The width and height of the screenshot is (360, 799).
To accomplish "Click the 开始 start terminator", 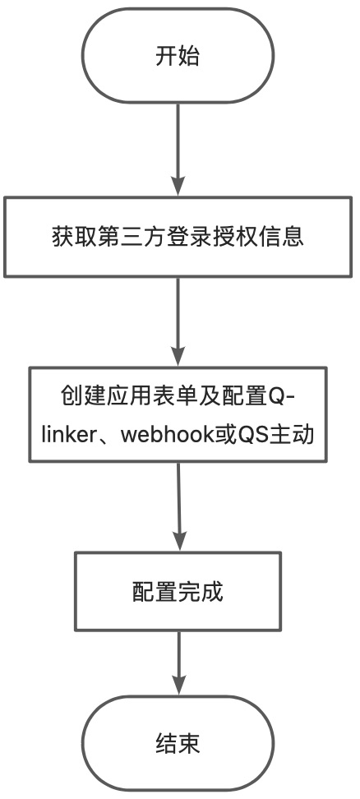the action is pos(178,56).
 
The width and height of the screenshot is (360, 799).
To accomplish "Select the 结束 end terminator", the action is pos(178,743).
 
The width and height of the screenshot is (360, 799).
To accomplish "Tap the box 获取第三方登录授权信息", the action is pos(178,237).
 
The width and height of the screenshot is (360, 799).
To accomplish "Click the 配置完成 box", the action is pos(178,591).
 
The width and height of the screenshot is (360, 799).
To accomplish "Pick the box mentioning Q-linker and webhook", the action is pos(178,414).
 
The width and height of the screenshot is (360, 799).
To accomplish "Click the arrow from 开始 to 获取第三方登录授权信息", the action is pos(178,150).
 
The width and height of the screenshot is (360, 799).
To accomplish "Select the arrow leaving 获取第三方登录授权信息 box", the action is pos(178,322).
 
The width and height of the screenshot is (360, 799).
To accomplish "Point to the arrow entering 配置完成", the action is pos(178,507).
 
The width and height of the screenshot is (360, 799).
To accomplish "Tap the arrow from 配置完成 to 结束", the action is pos(178,663).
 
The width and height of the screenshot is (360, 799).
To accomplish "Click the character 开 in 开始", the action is pos(166,56).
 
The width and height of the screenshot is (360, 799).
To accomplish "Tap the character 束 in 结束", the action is pos(189,744).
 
